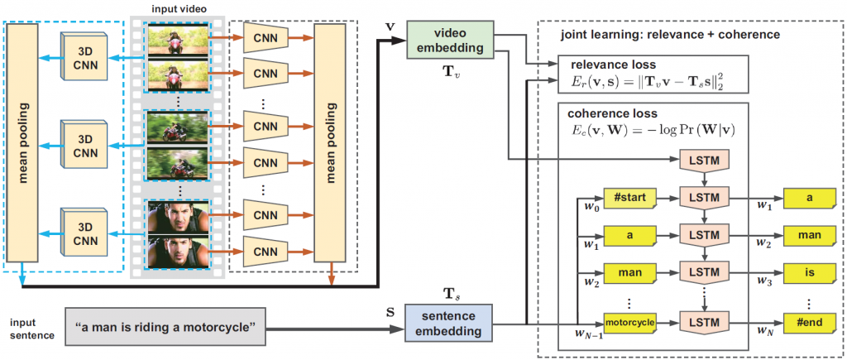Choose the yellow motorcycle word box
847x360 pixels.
pos(629,321)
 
